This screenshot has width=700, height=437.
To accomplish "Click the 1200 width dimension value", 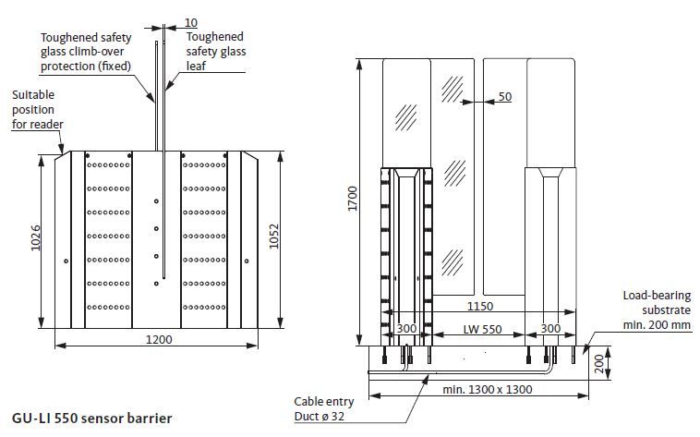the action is tap(159, 340).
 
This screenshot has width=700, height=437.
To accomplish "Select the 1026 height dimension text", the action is tap(36, 237).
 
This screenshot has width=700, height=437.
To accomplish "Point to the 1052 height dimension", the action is tap(273, 237).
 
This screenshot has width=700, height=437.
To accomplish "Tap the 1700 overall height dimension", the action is tap(353, 199).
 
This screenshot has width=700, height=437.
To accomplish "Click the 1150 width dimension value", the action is tap(480, 306).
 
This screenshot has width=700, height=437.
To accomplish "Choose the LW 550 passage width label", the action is tap(482, 329).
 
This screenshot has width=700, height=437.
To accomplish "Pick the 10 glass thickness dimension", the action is tap(190, 22).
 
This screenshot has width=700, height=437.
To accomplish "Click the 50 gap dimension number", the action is tap(505, 96).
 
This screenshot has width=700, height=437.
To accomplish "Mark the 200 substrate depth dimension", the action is tap(599, 363).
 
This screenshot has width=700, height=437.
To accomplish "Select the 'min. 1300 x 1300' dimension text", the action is tap(487, 389).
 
